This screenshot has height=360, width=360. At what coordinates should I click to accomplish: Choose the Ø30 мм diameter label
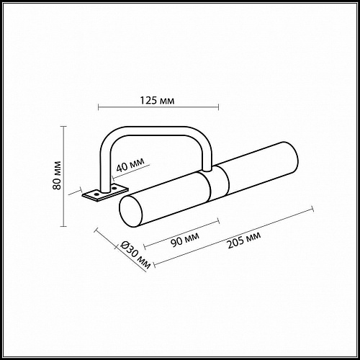coord(135,255)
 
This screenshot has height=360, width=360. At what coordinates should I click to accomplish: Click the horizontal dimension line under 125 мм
coord(157,108)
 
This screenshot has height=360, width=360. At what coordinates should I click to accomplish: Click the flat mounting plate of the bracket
coord(99,193)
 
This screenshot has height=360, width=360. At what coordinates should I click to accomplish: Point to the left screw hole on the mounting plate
coord(93,194)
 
